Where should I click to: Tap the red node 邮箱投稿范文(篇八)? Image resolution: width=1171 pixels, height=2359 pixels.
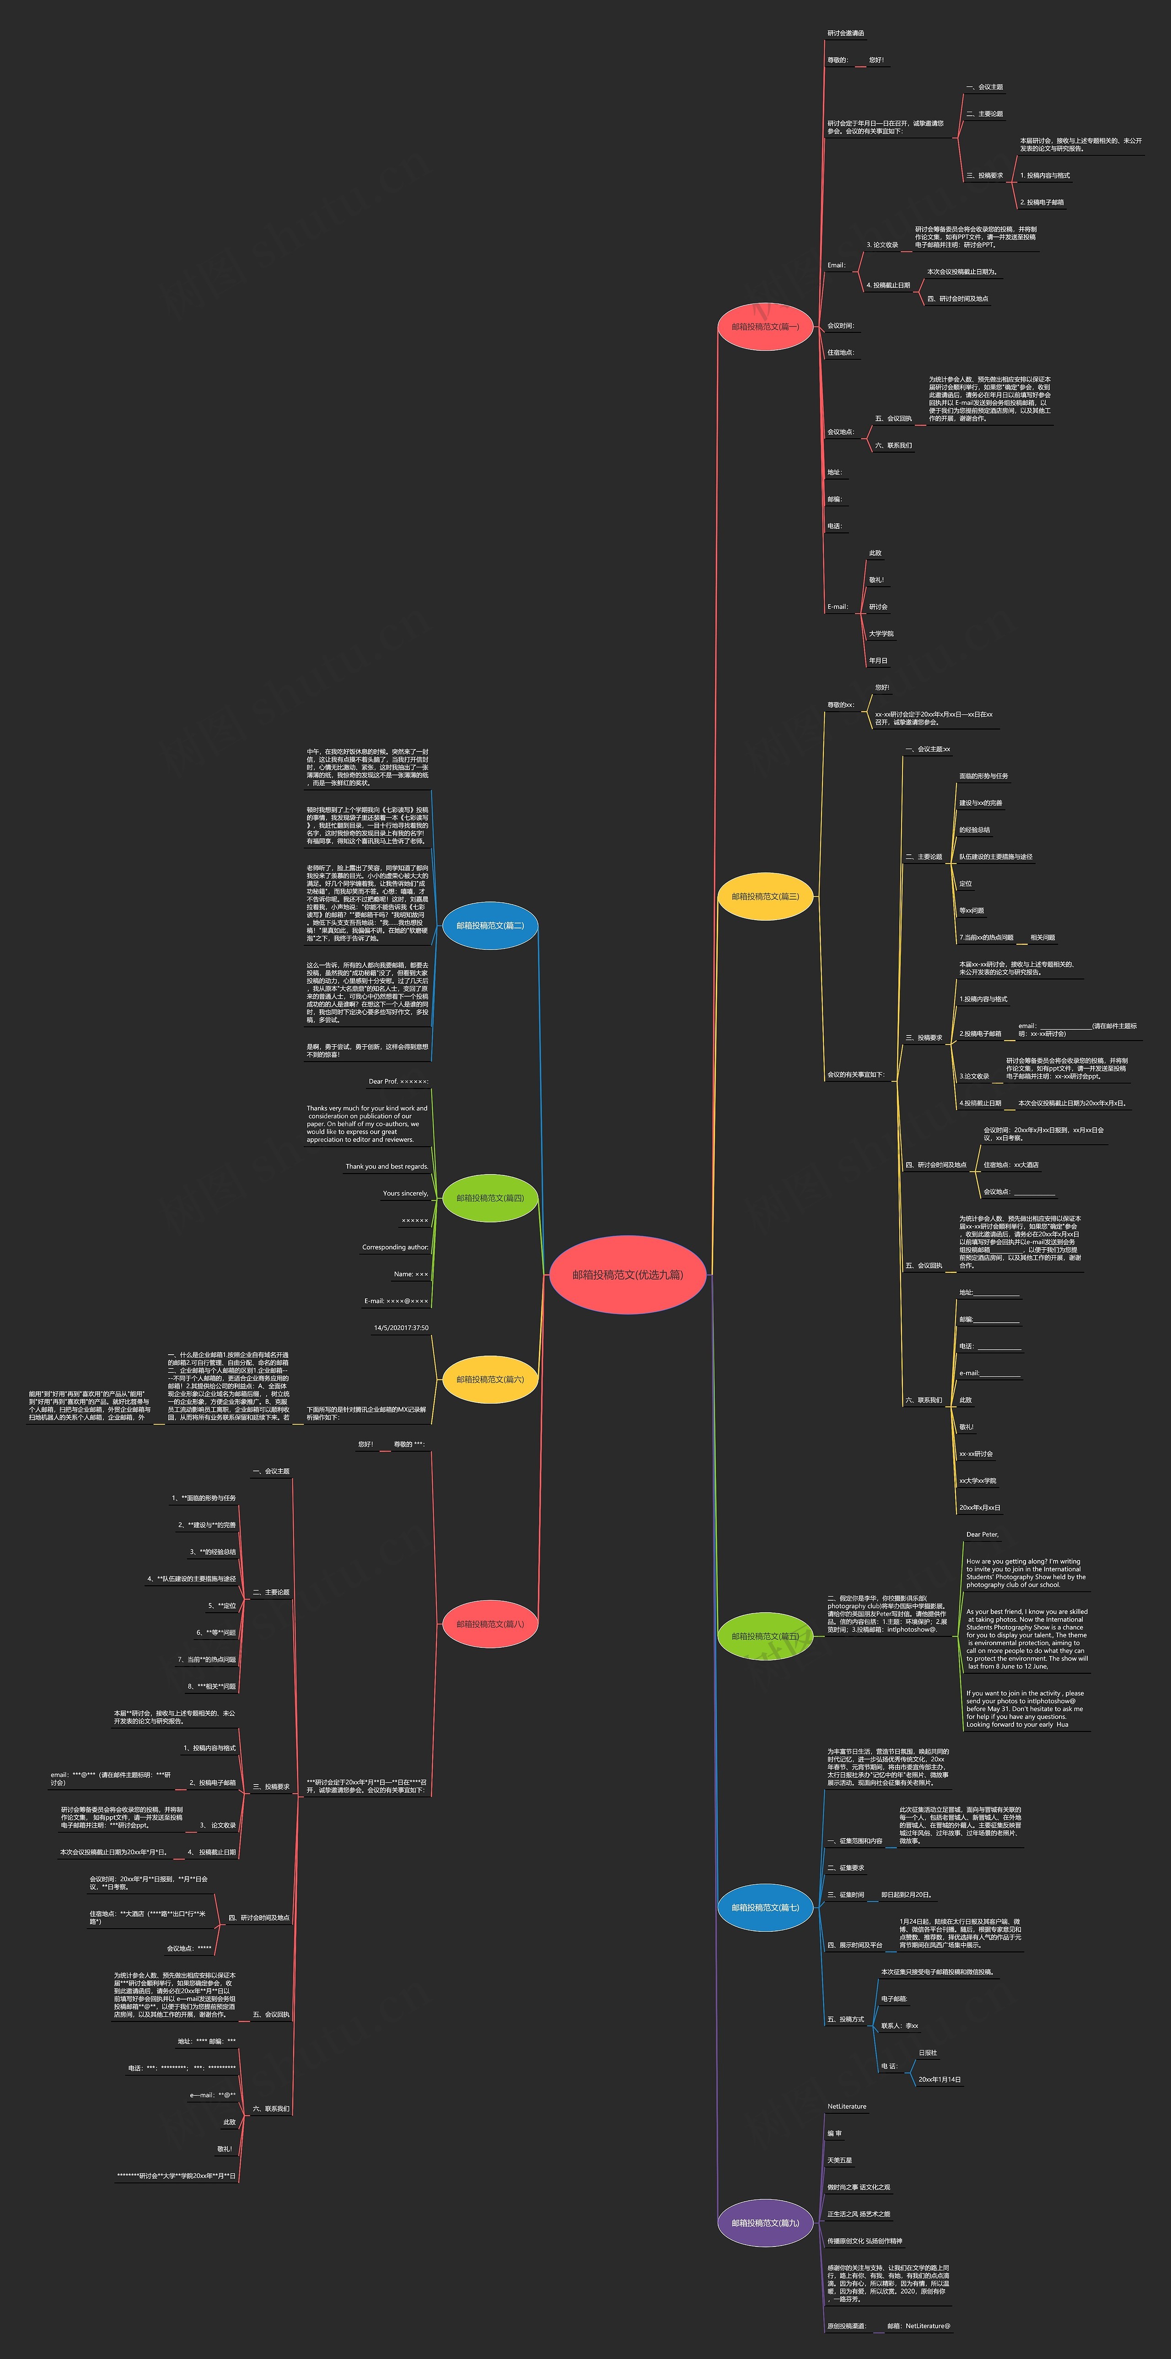click(490, 1624)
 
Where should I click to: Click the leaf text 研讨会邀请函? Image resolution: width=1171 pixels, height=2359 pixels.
click(845, 33)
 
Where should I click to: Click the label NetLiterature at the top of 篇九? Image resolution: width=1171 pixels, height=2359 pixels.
click(846, 2106)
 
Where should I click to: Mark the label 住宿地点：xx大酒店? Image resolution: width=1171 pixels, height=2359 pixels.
click(1011, 1165)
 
